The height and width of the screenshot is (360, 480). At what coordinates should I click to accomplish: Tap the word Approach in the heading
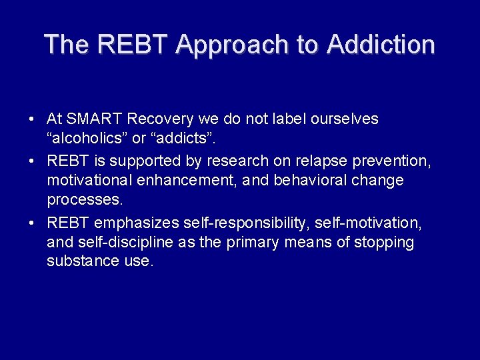pyautogui.click(x=237, y=45)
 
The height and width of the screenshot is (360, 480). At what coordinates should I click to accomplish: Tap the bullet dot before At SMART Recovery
pyautogui.click(x=32, y=120)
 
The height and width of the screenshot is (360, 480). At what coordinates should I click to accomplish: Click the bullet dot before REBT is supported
pyautogui.click(x=32, y=161)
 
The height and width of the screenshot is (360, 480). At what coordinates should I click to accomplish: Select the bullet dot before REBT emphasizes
pyautogui.click(x=32, y=223)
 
